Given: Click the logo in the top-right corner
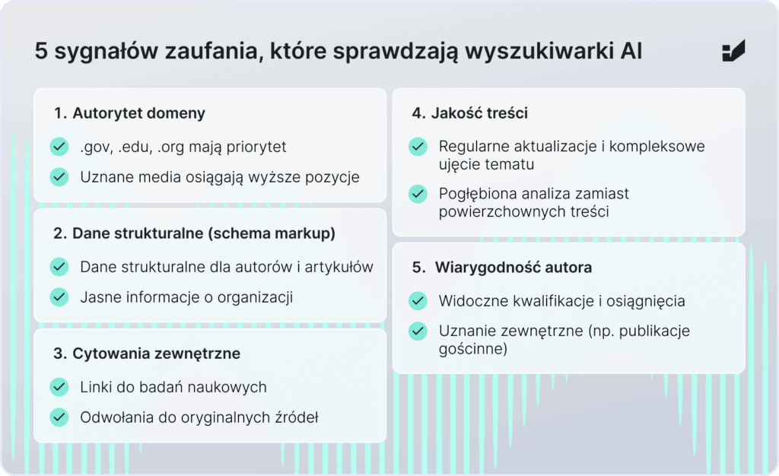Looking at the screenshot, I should point(733,52).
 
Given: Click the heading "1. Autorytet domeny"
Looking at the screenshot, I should point(129,114).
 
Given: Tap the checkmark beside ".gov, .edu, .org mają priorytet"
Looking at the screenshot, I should point(59,147).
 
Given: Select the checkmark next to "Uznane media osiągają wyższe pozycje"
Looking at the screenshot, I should point(59,177).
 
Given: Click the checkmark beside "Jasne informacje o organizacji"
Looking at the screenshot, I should point(59,297).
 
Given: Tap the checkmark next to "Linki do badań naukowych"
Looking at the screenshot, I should point(59,387).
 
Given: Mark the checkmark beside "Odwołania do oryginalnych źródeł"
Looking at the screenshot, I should point(59,417).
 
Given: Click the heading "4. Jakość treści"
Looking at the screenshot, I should point(469,113).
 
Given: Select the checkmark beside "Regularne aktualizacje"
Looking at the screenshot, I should point(418,147).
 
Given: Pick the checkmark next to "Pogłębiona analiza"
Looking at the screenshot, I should point(418,194).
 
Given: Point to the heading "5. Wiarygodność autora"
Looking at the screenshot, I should point(502,268).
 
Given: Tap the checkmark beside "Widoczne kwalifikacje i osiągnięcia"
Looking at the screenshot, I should point(418,301).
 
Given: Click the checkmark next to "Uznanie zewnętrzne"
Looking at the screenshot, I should point(418,332).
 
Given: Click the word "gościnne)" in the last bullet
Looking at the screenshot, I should point(473,350).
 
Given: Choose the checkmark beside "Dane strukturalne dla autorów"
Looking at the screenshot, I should point(59,267).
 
